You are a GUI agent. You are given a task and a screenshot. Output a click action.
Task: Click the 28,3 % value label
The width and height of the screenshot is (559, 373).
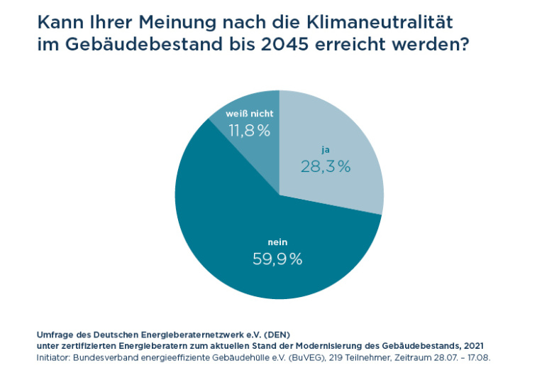coord(326,167)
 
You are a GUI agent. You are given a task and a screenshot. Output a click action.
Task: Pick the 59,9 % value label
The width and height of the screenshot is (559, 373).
coord(277,259)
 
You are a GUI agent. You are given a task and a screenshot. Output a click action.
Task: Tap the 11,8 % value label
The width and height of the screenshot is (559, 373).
coord(249,131)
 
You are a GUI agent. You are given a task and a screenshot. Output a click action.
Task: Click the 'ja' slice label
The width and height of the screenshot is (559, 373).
coord(326,151)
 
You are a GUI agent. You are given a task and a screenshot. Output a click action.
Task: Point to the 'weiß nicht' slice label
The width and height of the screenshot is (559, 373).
coord(249,114)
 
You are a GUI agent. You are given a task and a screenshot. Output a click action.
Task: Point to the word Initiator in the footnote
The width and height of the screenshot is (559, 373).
coord(55,357)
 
